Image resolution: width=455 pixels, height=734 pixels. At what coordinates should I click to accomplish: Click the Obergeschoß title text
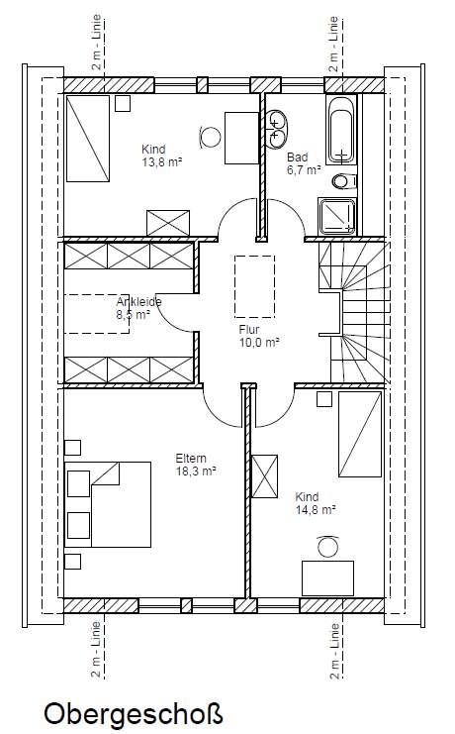pos(134,714)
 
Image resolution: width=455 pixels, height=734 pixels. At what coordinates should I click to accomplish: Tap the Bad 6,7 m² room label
pos(304,163)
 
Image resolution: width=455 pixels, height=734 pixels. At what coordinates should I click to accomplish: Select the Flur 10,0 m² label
pos(259,336)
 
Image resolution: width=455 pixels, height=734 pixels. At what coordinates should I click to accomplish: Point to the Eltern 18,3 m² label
pos(196,465)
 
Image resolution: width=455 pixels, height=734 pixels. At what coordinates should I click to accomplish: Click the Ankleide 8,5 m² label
pos(138,307)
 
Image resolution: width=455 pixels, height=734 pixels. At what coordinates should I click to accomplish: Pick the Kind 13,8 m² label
pos(161,156)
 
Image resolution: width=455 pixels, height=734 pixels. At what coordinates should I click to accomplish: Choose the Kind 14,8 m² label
pos(316,503)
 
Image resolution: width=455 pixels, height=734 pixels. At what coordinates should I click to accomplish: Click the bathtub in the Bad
pos(341,130)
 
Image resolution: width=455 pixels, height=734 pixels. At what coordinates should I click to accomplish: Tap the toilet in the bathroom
pos(345,181)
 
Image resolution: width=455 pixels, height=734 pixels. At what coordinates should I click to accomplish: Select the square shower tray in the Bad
pos(337,216)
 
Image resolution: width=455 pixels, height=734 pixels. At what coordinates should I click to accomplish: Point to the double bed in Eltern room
pos(108,504)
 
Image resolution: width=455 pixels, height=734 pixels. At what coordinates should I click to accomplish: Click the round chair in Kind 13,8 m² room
pos(210,137)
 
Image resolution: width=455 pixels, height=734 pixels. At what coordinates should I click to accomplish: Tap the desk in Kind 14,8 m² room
pos(327,578)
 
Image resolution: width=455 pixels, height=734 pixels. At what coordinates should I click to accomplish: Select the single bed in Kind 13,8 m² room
pos(88,138)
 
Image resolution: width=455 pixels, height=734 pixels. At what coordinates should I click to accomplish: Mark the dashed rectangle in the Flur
pos(254,286)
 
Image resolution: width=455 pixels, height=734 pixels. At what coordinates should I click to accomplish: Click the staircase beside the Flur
pos(354,312)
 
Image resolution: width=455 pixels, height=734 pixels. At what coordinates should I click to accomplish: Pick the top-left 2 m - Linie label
pos(96,43)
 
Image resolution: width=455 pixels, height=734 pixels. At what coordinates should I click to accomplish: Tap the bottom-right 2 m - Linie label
pos(334,651)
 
